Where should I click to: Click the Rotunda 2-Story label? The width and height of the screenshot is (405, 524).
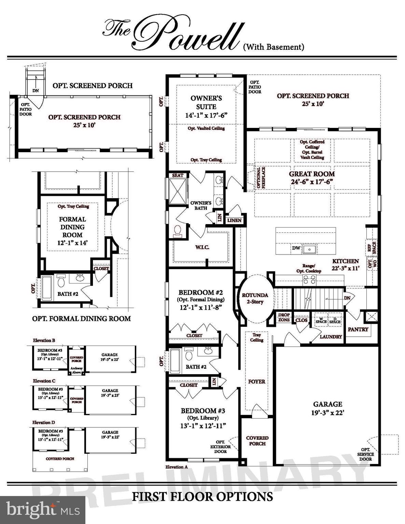coord(255,298)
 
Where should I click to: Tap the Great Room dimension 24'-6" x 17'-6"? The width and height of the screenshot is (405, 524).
coord(312,182)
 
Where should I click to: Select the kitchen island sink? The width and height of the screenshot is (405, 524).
coord(310,249)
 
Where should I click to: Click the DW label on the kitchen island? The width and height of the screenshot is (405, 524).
coord(296,248)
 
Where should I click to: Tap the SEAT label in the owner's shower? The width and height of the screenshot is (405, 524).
coord(178,175)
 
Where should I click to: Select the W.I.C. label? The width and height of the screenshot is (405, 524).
coord(202,247)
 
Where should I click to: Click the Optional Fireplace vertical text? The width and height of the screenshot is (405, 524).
coord(261,177)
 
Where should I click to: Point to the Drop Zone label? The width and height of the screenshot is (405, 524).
coord(284,317)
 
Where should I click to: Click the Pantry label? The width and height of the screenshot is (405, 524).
coord(358,329)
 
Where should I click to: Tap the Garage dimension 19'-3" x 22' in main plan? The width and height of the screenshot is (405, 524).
coord(327,412)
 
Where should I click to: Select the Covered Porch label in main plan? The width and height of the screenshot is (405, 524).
coord(257,440)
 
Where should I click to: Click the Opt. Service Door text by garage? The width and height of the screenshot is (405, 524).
coord(365,454)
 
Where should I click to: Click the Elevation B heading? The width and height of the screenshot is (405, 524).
coord(44,340)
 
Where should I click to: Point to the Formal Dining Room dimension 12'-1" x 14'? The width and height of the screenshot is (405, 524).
coord(72,243)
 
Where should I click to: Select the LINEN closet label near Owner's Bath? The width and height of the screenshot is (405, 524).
coord(234,220)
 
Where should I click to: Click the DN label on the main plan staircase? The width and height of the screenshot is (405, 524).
coord(347,298)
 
